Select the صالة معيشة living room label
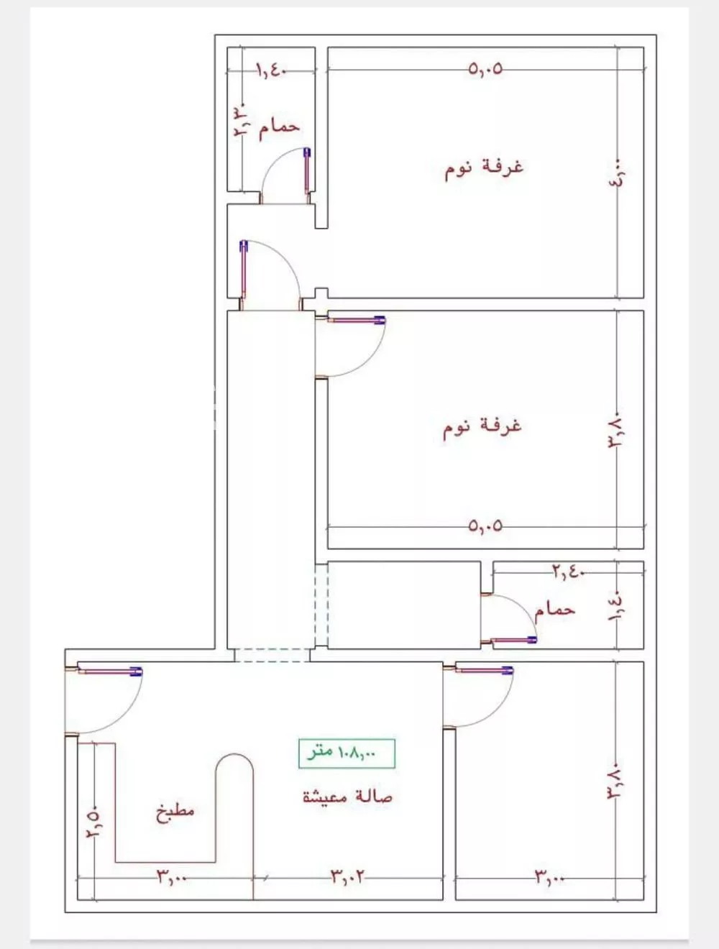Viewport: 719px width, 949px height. pyautogui.click(x=347, y=797)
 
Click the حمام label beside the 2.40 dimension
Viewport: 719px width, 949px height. pyautogui.click(x=554, y=610)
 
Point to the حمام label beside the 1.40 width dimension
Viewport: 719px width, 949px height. pyautogui.click(x=279, y=127)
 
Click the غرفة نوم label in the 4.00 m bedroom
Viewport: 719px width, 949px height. pyautogui.click(x=484, y=169)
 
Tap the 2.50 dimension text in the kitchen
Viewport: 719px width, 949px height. pyautogui.click(x=95, y=821)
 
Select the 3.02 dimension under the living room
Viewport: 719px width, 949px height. pyautogui.click(x=347, y=878)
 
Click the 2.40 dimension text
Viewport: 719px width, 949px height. pyautogui.click(x=569, y=572)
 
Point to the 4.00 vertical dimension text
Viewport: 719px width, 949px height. pyautogui.click(x=616, y=172)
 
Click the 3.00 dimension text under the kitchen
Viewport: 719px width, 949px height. pyautogui.click(x=172, y=878)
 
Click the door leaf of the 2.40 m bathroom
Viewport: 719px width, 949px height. pyautogui.click(x=514, y=640)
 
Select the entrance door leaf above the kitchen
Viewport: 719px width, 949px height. pyautogui.click(x=110, y=671)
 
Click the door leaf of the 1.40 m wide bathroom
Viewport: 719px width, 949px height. pyautogui.click(x=307, y=171)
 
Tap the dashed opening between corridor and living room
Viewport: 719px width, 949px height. pyautogui.click(x=273, y=655)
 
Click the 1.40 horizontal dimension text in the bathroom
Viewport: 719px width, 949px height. pyautogui.click(x=272, y=70)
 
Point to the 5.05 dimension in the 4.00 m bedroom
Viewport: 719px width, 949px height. pyautogui.click(x=485, y=69)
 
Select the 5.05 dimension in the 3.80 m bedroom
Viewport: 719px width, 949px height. pyautogui.click(x=485, y=526)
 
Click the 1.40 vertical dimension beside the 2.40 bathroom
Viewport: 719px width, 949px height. pyautogui.click(x=615, y=606)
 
